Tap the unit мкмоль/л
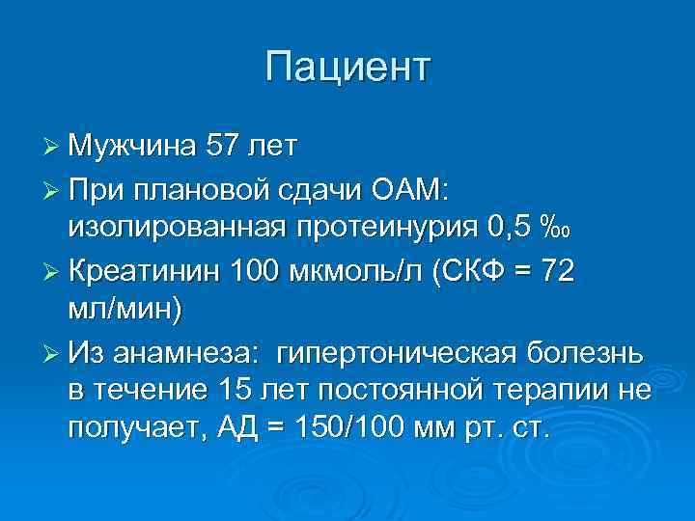tap(363, 273)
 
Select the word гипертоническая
tap(398, 355)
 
